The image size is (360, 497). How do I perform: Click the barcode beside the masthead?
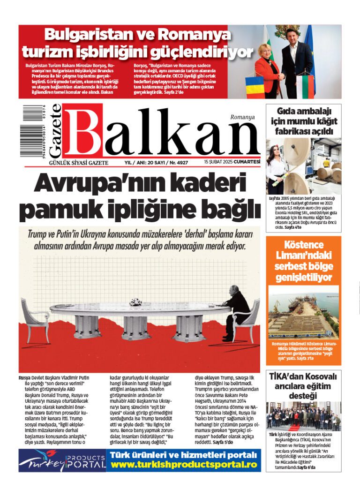tap(32, 131)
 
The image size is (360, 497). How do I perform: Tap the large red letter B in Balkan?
tap(83, 131)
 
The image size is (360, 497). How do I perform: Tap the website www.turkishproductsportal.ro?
tap(183, 465)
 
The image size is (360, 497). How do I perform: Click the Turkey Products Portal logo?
tap(61, 461)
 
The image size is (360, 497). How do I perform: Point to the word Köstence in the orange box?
tap(304, 245)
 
